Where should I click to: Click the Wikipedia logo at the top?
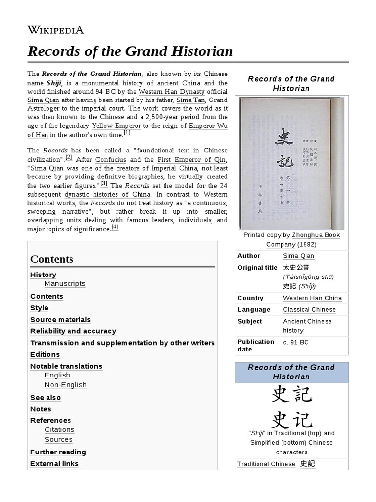tap(55, 30)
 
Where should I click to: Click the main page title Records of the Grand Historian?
tap(130, 51)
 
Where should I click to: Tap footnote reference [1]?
tap(127, 132)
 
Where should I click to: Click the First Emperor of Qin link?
tap(192, 160)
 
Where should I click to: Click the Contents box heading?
tap(52, 259)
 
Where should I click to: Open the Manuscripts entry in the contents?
tap(65, 284)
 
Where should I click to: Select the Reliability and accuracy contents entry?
tap(73, 331)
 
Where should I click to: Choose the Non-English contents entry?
tap(65, 385)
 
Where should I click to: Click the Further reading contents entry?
tap(58, 452)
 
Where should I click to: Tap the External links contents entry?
tap(54, 464)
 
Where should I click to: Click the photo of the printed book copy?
tap(291, 163)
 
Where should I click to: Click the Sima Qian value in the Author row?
tap(298, 256)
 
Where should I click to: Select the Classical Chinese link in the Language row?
tap(309, 310)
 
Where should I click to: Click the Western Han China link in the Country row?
tap(312, 298)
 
